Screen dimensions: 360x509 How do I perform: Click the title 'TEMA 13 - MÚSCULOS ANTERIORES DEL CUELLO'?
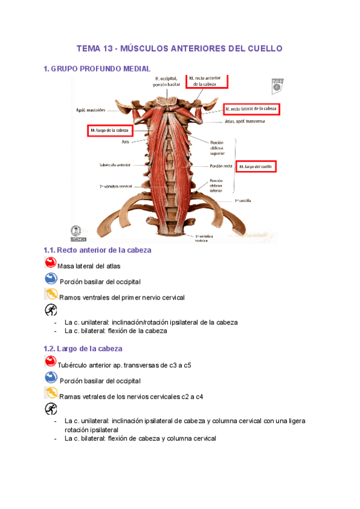(179, 48)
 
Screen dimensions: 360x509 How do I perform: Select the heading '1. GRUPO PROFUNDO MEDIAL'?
(97, 69)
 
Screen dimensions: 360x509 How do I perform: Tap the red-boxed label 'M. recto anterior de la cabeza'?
(208, 81)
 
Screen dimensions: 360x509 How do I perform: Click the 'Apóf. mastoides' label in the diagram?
(90, 110)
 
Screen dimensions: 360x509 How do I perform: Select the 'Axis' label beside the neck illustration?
(125, 142)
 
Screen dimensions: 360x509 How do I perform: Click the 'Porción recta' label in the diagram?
(220, 166)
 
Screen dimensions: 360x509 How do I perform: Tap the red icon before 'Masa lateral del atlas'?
(50, 263)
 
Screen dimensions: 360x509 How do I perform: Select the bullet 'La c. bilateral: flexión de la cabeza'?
(115, 331)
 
